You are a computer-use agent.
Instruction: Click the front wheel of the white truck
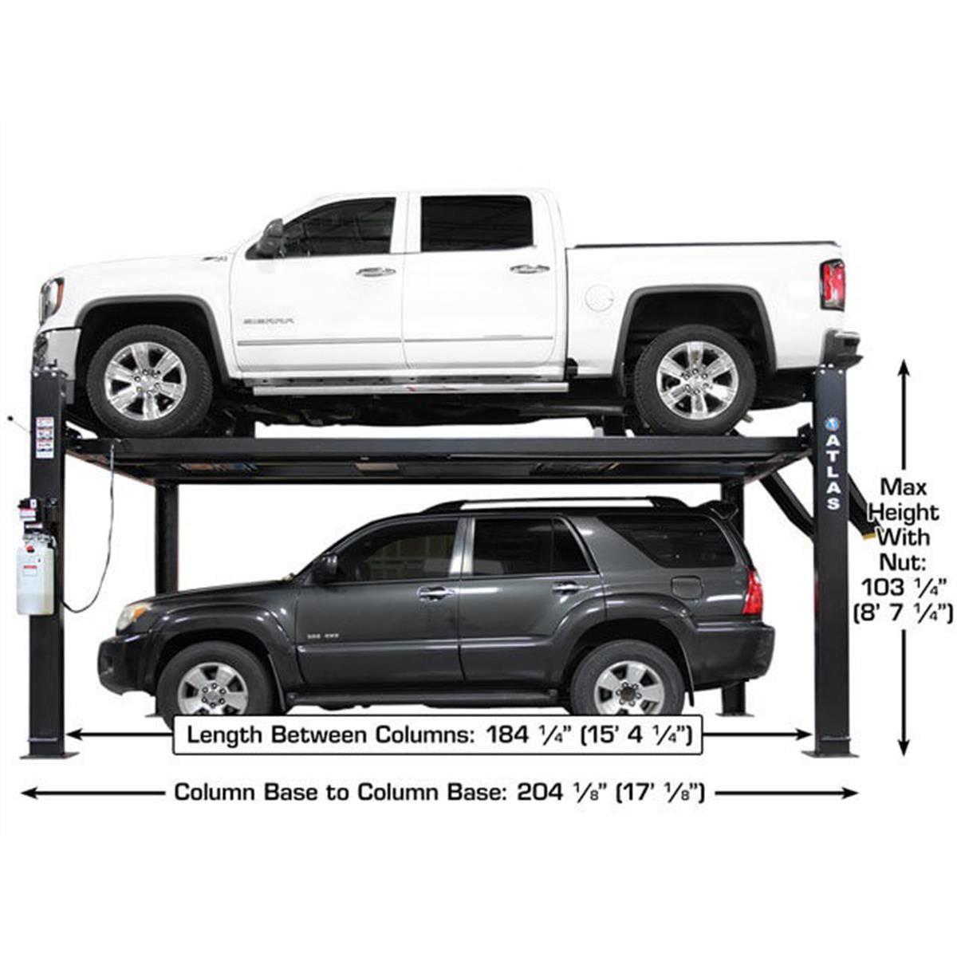pyautogui.click(x=148, y=380)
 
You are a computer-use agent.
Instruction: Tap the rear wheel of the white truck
pyautogui.click(x=695, y=379)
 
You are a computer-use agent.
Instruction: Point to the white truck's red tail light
pyautogui.click(x=832, y=285)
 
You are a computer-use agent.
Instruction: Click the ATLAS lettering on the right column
pyautogui.click(x=833, y=470)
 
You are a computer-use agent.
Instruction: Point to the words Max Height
pyautogui.click(x=904, y=499)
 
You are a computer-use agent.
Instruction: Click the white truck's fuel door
pyautogui.click(x=599, y=297)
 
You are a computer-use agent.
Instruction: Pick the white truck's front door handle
pyautogui.click(x=376, y=272)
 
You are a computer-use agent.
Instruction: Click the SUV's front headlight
pyautogui.click(x=132, y=615)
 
